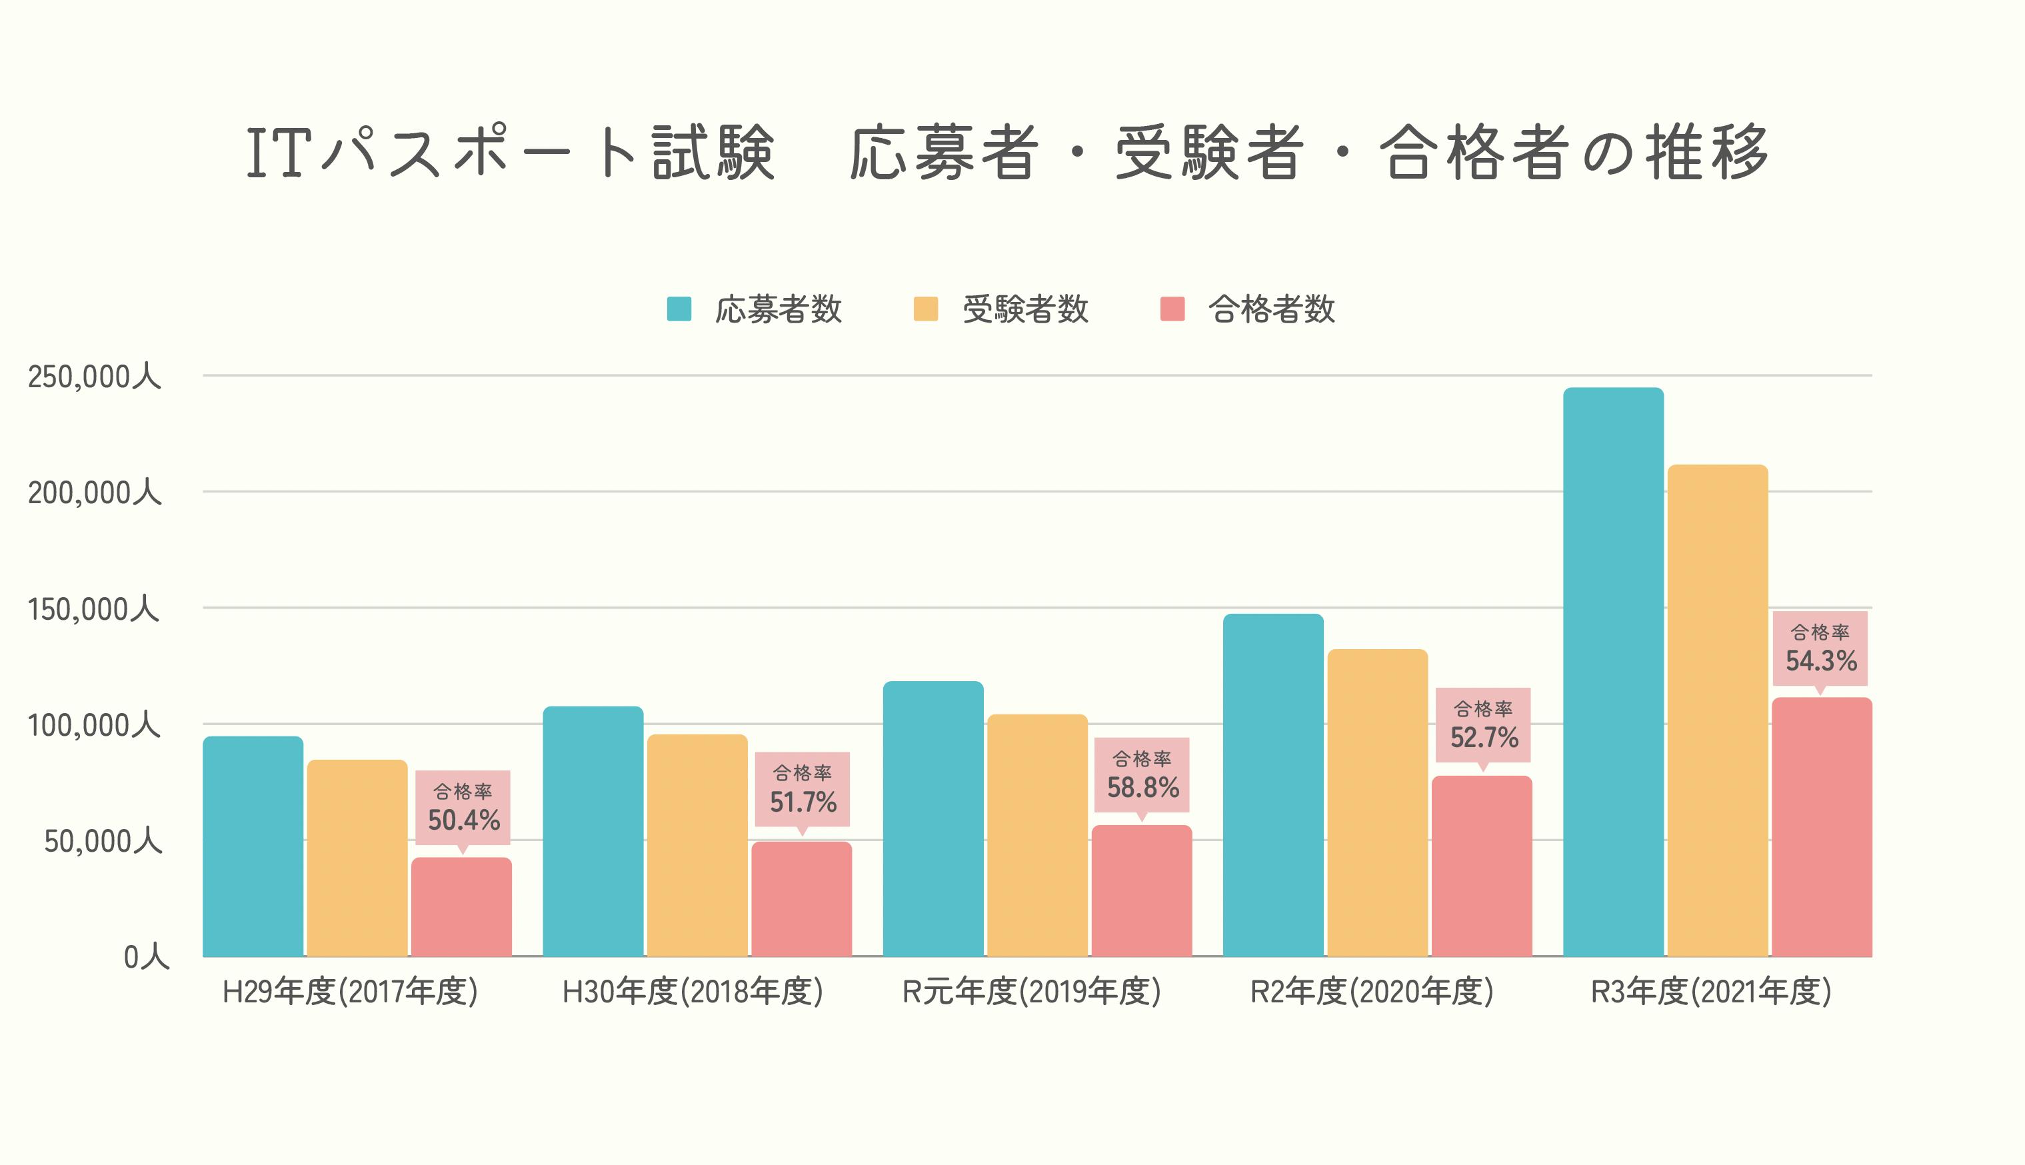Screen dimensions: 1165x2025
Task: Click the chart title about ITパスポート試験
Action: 1008,152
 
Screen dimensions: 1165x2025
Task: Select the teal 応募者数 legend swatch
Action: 679,309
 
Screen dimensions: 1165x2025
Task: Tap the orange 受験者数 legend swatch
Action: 926,309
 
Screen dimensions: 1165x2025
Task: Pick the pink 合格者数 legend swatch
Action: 1172,309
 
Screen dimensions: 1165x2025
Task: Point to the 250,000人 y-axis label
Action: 95,376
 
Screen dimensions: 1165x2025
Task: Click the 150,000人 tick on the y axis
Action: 95,609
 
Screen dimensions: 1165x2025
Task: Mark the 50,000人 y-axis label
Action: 103,841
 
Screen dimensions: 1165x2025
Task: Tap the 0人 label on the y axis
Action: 145,956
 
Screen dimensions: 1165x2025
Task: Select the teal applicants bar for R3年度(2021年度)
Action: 1613,672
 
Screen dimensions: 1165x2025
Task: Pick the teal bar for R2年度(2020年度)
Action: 1273,785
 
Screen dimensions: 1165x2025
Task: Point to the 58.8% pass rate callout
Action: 1142,775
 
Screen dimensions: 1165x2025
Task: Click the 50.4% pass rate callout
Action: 463,808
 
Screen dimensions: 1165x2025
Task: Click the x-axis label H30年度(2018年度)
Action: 692,992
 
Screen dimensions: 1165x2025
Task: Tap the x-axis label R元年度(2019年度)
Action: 1031,992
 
